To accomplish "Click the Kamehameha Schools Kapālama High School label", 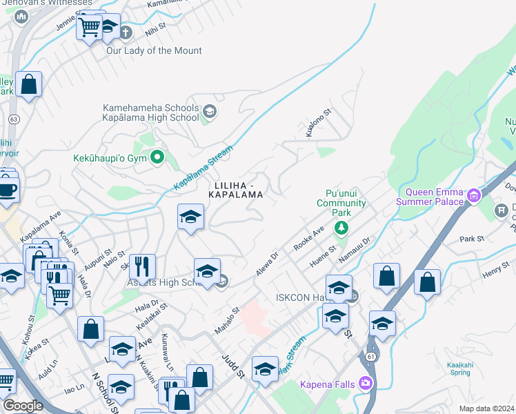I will point(150,113).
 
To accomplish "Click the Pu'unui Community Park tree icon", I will point(342,228).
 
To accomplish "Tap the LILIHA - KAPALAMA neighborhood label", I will point(239,190).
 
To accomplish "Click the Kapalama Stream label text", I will point(204,167).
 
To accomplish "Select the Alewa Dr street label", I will point(266,264).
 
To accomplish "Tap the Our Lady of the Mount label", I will point(154,50).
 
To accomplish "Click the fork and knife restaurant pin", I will point(142,266).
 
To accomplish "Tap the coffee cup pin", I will point(7,188).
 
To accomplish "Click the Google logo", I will point(23,406).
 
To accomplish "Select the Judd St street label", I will point(233,366).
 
